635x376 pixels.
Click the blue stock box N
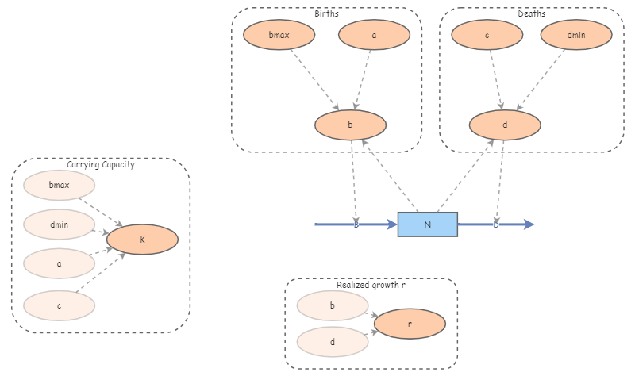tap(427, 224)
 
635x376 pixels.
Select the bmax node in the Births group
tap(279, 35)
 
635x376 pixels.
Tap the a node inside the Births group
tap(374, 35)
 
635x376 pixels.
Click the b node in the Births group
tap(350, 125)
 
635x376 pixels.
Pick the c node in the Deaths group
tap(487, 35)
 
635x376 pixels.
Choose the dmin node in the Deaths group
tap(576, 35)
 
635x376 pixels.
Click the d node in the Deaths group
tap(505, 125)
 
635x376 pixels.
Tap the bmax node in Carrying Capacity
tap(60, 186)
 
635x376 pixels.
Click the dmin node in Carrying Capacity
tap(60, 224)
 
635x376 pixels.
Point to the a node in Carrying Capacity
tap(60, 263)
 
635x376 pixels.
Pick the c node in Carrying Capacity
tap(60, 303)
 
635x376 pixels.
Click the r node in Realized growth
tap(410, 324)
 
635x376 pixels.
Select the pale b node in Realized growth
tap(332, 305)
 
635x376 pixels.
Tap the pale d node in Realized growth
tap(332, 342)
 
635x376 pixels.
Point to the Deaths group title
tap(531, 13)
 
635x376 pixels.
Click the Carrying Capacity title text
tap(100, 165)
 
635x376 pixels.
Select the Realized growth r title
tap(371, 284)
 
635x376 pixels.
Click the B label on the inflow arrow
tap(356, 225)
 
